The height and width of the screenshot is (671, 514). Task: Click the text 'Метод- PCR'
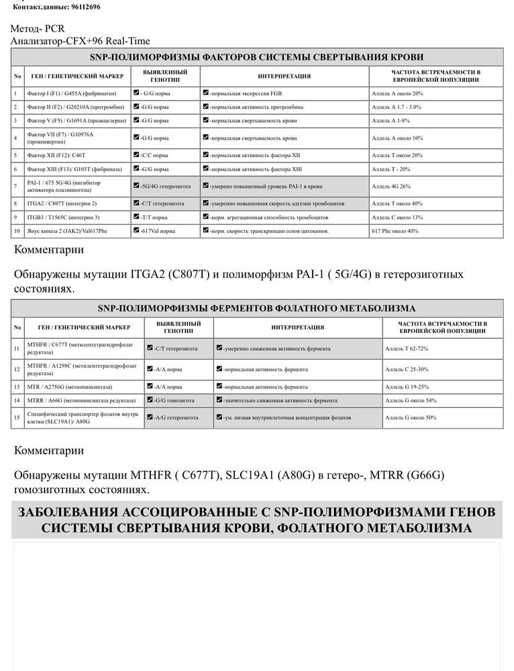pyautogui.click(x=38, y=29)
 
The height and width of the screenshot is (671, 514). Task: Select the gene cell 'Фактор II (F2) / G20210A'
pyautogui.click(x=75, y=107)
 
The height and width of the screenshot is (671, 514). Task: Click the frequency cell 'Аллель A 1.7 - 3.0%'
pyautogui.click(x=397, y=107)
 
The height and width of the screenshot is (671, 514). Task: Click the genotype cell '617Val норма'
pyautogui.click(x=158, y=231)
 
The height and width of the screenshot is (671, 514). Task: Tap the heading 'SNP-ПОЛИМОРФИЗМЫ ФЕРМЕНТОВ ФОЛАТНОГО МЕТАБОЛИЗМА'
pyautogui.click(x=257, y=309)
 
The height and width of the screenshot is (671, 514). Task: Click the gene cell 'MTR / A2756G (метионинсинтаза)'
pyautogui.click(x=70, y=387)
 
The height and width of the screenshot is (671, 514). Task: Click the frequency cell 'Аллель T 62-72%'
pyautogui.click(x=407, y=349)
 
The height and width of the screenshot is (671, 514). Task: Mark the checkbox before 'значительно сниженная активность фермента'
pyautogui.click(x=219, y=401)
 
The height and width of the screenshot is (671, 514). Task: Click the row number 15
pyautogui.click(x=17, y=417)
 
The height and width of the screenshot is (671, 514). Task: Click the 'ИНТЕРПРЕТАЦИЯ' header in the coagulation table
pyautogui.click(x=284, y=76)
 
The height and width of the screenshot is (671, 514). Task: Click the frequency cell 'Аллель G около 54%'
pyautogui.click(x=411, y=401)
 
